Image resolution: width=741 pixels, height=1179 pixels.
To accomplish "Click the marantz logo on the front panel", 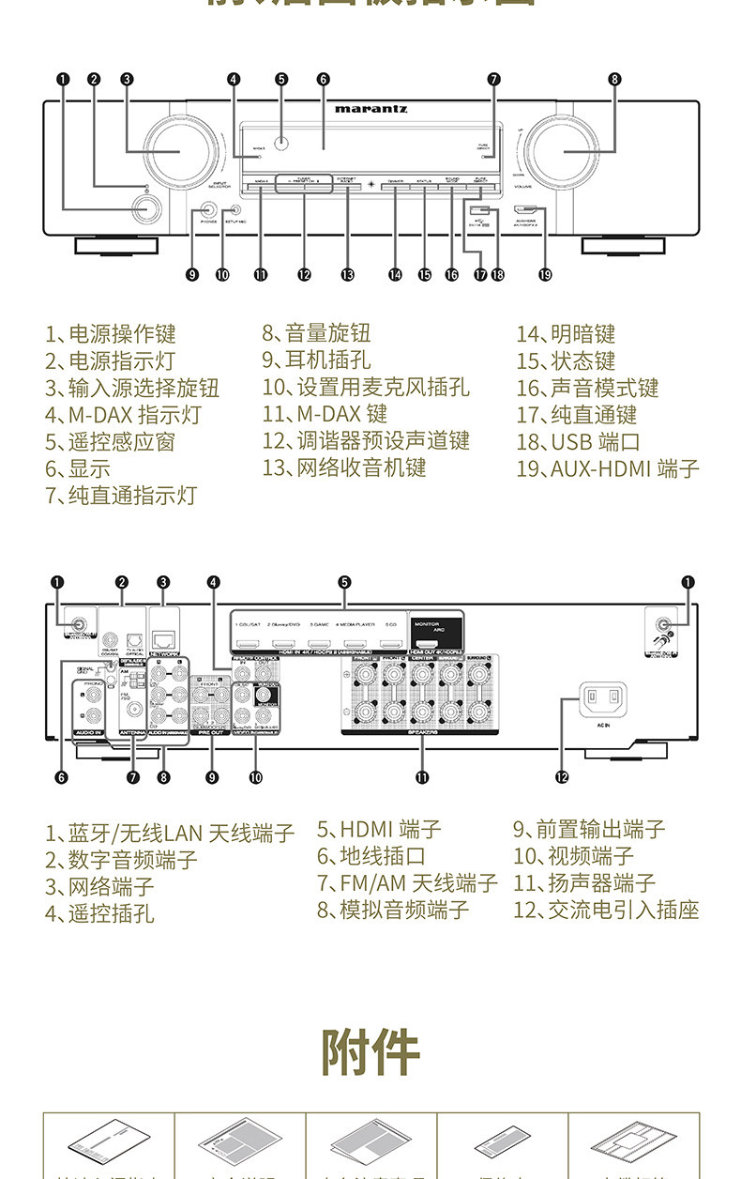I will pos(370,109).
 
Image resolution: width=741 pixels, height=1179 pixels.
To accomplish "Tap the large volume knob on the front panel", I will pos(564,150).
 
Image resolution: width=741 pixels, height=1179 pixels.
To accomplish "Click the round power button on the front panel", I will pos(144,211).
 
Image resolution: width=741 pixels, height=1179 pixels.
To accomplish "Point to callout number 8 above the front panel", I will pos(614,80).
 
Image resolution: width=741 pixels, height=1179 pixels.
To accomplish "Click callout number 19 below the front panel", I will pos(545,275).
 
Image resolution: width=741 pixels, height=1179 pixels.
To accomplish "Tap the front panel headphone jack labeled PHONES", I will pos(209,213).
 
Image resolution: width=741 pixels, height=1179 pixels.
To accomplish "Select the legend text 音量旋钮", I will pos(327,333).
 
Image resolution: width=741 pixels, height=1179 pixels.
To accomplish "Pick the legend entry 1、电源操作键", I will pos(111,334).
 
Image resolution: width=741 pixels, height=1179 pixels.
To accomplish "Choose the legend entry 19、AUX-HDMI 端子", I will pos(607,468).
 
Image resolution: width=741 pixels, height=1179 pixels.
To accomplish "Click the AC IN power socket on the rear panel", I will pos(602,697).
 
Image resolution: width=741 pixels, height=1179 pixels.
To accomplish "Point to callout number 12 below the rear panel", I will pos(562,776).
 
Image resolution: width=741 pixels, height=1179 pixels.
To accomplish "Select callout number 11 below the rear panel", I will pos(423,776).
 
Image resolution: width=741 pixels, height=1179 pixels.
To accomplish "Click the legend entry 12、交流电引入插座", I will pos(606,910).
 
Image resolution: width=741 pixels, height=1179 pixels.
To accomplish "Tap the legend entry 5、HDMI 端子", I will pos(378,829).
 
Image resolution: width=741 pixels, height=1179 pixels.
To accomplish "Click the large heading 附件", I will pos(370,1051).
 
